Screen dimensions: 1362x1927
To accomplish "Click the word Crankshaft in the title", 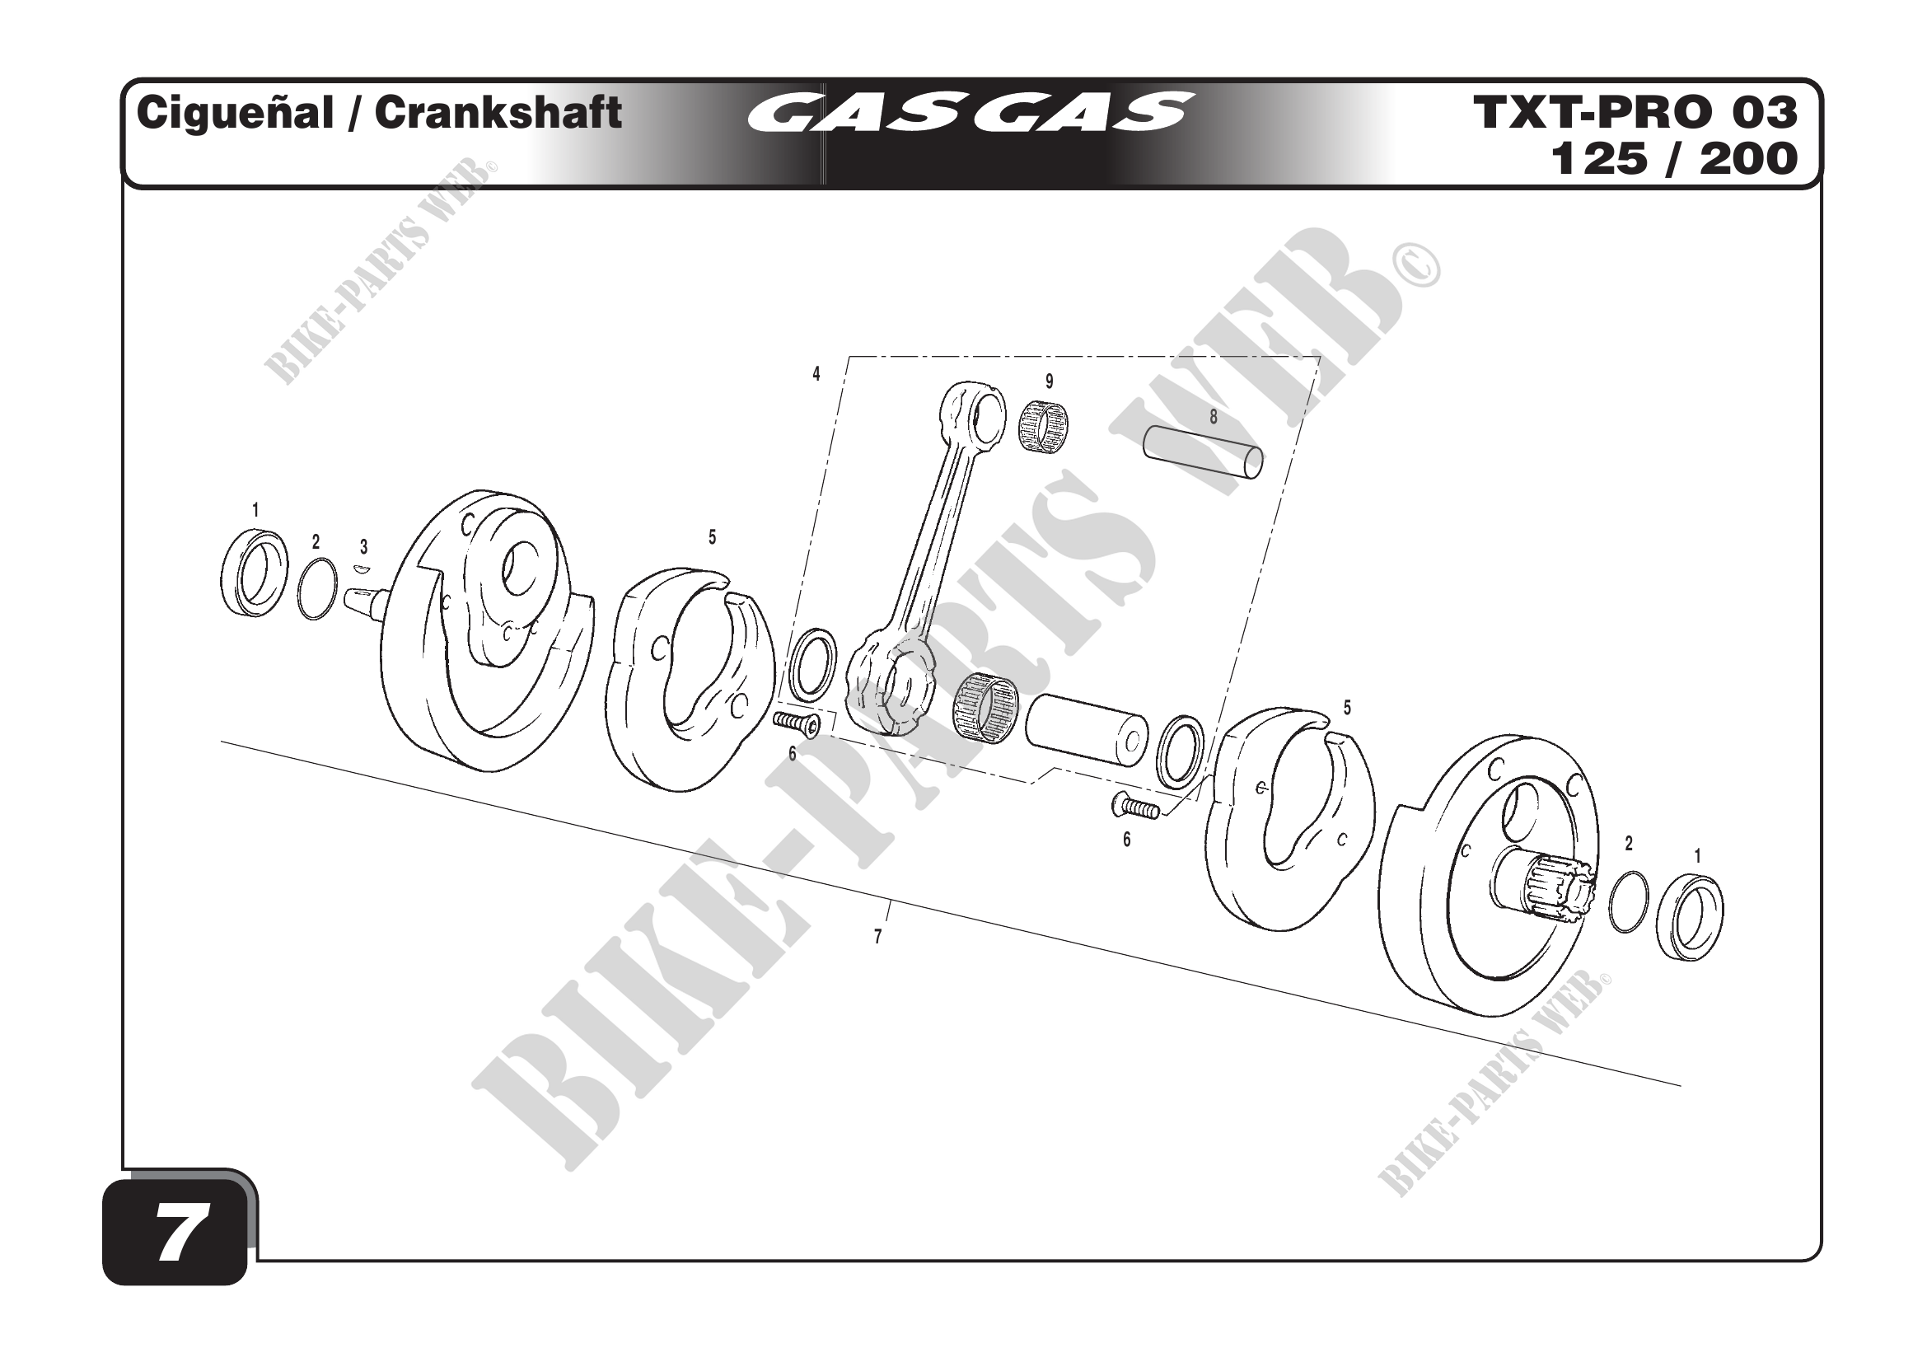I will [498, 112].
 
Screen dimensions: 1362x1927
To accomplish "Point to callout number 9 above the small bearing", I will [1049, 381].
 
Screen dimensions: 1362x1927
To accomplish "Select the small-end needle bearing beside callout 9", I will [1044, 426].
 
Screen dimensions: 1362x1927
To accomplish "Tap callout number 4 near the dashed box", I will [816, 374].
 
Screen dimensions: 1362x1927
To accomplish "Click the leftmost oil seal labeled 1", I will [255, 573].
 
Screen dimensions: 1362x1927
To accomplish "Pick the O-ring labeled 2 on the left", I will [318, 588].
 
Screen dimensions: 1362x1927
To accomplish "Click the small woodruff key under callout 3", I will [362, 569].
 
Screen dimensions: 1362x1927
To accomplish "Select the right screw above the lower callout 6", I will [1134, 807].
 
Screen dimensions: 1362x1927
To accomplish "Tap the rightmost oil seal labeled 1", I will [1689, 917].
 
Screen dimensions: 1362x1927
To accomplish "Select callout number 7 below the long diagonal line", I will [878, 938].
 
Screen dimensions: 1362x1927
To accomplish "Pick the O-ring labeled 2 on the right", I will [1628, 901].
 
